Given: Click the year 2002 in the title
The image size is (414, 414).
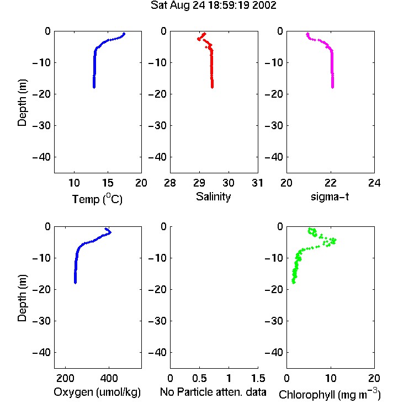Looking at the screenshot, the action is (264, 6).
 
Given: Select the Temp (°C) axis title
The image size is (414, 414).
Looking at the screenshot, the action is (97, 199).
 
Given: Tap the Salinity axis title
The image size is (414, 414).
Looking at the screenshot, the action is (213, 197).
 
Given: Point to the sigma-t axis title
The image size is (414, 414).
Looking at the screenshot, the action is (330, 197).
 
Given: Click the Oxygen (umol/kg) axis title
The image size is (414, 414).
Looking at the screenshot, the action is (97, 392).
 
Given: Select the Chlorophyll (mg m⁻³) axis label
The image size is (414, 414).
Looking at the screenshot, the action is (330, 394).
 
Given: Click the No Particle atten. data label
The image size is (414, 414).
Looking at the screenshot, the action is (213, 392).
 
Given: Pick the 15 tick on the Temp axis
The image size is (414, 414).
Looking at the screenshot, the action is (108, 183).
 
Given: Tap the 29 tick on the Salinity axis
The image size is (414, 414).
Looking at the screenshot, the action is (199, 183).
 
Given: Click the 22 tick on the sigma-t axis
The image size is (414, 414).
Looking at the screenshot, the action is (330, 183).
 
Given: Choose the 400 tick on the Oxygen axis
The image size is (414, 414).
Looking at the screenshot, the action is (109, 378).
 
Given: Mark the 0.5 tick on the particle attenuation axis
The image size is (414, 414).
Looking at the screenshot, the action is (199, 378).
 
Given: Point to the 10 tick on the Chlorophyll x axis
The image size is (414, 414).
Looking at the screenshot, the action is (330, 378).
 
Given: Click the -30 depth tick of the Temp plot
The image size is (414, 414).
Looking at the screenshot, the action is (41, 125).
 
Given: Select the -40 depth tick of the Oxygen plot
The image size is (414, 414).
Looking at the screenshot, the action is (41, 352).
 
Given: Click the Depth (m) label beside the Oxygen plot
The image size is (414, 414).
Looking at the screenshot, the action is (22, 298).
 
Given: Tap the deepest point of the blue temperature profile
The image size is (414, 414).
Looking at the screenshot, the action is (94, 87).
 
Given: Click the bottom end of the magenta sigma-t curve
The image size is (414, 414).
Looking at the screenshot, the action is (332, 87).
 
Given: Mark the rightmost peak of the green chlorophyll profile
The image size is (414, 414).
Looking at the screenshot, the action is (335, 240).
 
